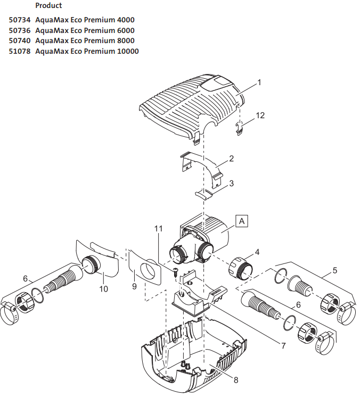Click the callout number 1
(259, 82)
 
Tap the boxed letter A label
(242, 220)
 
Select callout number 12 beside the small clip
(259, 115)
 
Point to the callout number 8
(235, 379)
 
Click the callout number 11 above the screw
(158, 228)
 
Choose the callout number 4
(257, 252)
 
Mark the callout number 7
(283, 345)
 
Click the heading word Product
(48, 6)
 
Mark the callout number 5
(334, 270)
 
